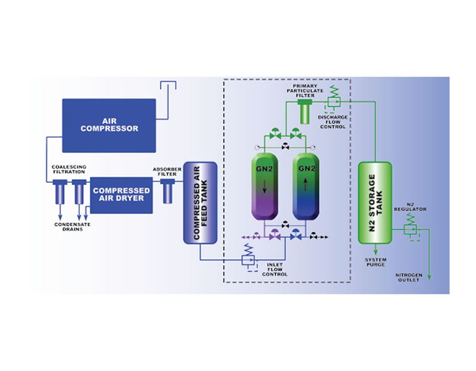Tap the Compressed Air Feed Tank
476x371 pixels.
[x=199, y=203]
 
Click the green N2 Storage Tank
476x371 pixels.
[x=375, y=203]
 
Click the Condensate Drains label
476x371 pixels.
[x=73, y=226]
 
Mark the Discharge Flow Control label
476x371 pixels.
[x=332, y=122]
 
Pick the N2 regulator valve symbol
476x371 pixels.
[x=408, y=229]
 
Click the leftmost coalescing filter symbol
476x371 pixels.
[x=60, y=192]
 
